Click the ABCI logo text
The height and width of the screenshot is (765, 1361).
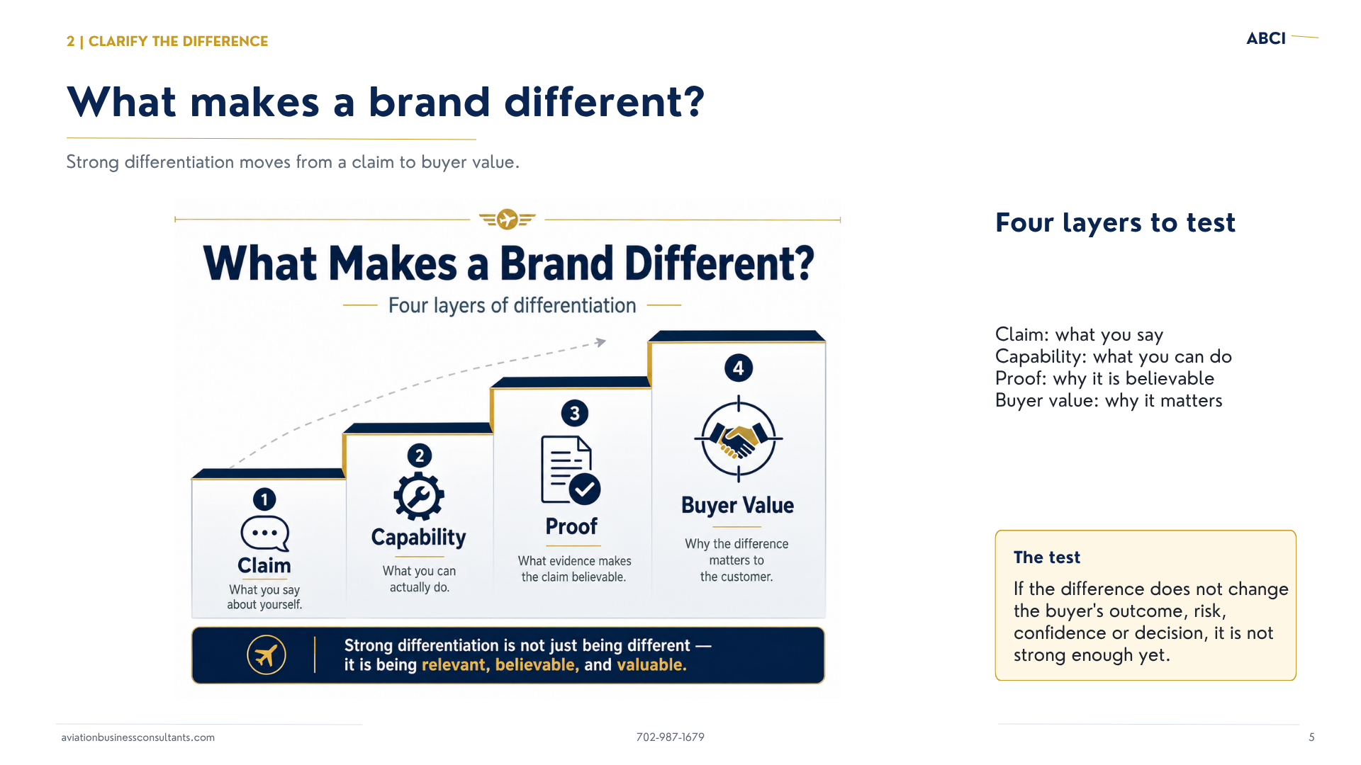click(x=1266, y=38)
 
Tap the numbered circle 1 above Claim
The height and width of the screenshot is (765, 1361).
click(x=264, y=499)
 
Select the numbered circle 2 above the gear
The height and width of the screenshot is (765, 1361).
click(x=420, y=455)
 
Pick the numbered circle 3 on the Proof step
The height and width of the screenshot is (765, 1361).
click(x=575, y=413)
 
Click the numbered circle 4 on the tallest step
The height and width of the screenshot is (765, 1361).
click(x=739, y=368)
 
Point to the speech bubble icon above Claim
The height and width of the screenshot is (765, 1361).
click(x=265, y=533)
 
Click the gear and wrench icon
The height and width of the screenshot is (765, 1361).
click(x=419, y=497)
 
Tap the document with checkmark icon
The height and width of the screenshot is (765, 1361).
click(x=571, y=470)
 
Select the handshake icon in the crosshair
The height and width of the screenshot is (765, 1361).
click(x=739, y=439)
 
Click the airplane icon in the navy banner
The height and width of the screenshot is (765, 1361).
click(x=267, y=655)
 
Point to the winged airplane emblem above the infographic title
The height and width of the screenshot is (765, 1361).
click(x=508, y=220)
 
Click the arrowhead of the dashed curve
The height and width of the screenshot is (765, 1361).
click(x=601, y=342)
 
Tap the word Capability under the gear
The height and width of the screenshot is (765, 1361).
click(x=419, y=538)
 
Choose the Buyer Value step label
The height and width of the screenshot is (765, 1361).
click(x=738, y=505)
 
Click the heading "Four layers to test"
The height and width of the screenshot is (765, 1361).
click(x=1115, y=223)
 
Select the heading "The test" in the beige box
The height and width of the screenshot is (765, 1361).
click(x=1047, y=557)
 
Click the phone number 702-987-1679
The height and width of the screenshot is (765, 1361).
click(x=671, y=737)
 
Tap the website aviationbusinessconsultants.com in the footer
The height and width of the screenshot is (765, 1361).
click(x=138, y=737)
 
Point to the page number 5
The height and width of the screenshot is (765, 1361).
click(x=1311, y=737)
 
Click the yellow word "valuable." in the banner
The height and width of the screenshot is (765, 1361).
click(x=651, y=665)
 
